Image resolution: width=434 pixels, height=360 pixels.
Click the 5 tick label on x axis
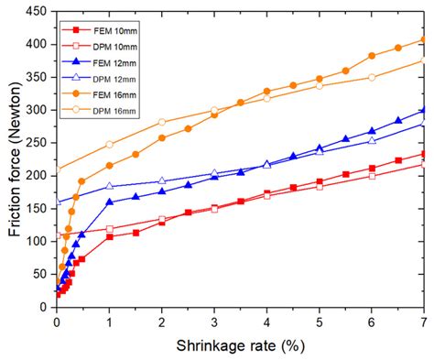pos(319,322)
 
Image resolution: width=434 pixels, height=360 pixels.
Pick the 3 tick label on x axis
pos(214,322)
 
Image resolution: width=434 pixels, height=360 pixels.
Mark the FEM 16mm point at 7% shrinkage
pos(423,39)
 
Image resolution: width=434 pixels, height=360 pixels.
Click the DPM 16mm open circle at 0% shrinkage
pos(57,169)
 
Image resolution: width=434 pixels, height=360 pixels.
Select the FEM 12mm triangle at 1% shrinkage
pos(109,202)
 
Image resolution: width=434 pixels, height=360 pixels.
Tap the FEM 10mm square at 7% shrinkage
pos(423,154)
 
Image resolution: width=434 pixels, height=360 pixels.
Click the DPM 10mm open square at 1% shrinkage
pos(109,229)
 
